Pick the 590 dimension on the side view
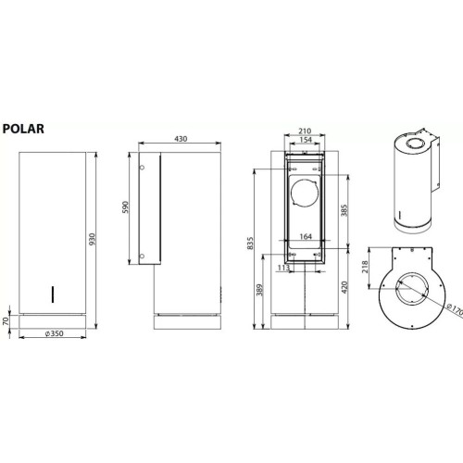(x=127, y=207)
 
